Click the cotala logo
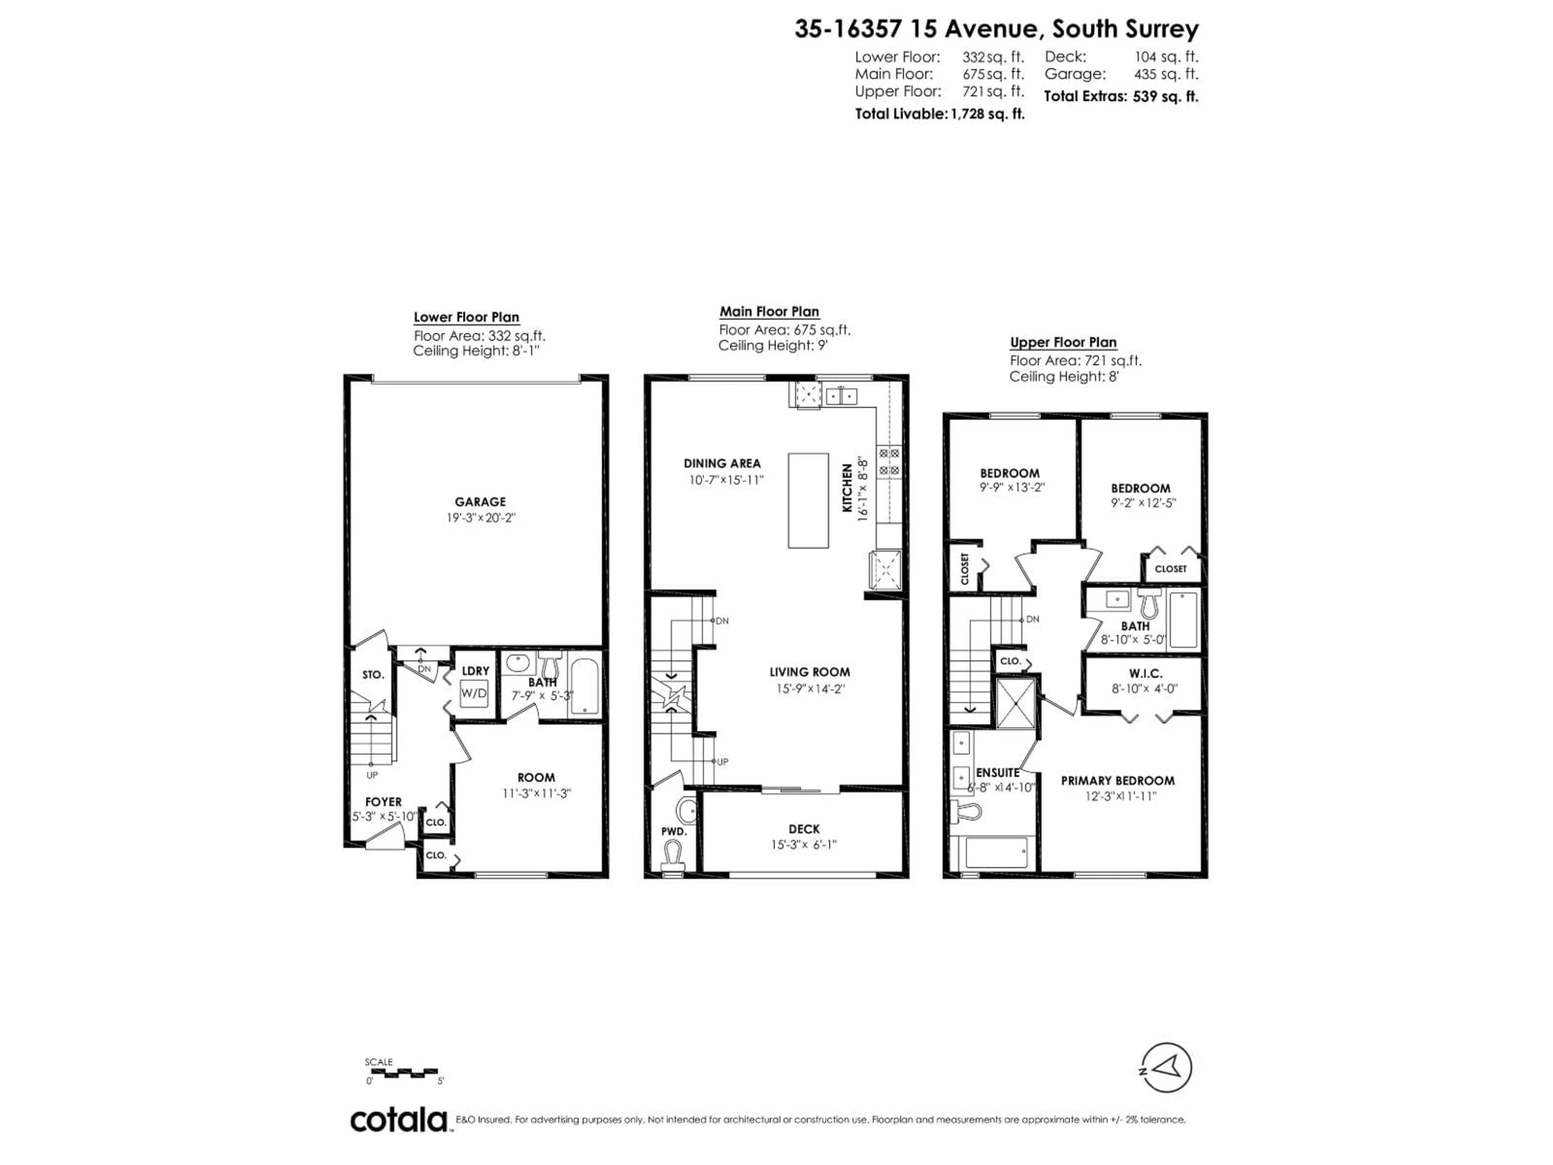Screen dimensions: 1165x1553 398,1121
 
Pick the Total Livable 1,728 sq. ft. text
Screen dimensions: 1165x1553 939,114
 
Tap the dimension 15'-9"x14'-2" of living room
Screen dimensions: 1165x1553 810,689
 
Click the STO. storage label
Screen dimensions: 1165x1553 373,675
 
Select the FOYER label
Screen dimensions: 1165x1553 383,802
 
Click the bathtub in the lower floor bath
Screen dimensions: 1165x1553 584,686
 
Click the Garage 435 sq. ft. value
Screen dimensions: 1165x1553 1166,74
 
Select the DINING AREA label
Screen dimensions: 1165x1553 722,464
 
